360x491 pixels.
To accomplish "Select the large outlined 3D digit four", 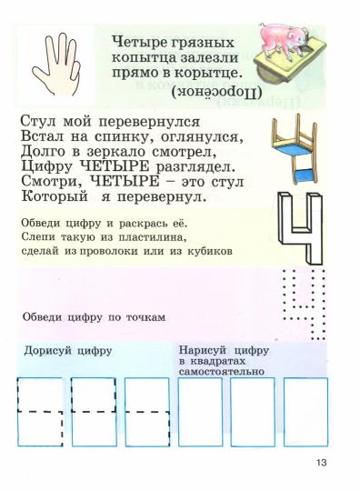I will (x=298, y=235).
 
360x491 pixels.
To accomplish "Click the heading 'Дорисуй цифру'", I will (x=66, y=350).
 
